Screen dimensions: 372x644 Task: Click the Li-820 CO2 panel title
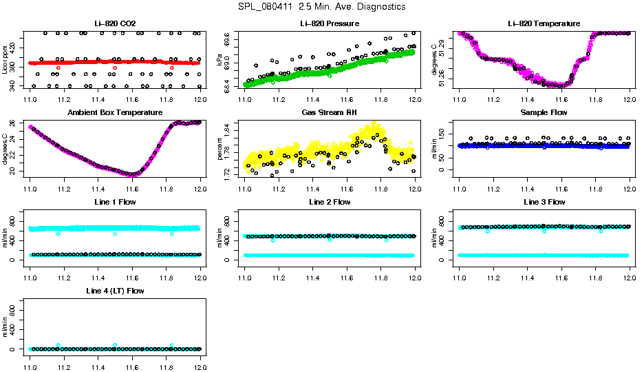[x=115, y=23]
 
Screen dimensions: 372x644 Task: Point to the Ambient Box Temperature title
[x=115, y=112]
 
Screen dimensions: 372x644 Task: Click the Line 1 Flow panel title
[x=115, y=202]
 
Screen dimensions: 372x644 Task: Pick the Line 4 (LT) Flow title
[x=115, y=291]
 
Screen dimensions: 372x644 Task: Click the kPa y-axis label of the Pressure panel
[x=219, y=60]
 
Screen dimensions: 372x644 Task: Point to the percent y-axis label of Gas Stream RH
[x=219, y=149]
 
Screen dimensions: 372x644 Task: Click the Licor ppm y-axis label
[x=5, y=60]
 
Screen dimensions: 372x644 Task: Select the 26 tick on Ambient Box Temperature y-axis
[x=13, y=124]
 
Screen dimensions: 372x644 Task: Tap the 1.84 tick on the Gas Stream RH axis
[x=228, y=130]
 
